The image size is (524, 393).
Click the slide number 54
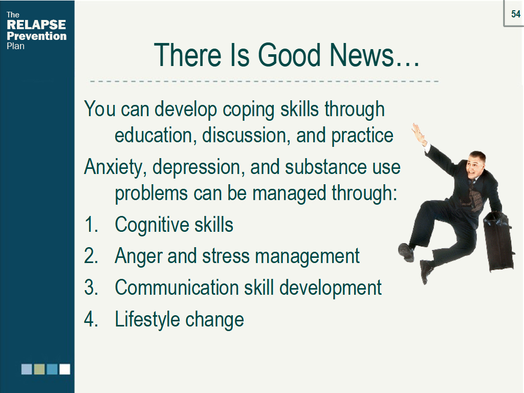tap(516, 14)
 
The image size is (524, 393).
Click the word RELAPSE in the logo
tap(36, 25)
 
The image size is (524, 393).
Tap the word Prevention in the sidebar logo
tap(36, 36)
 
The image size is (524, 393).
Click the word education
tap(154, 136)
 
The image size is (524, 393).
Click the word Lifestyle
tap(147, 320)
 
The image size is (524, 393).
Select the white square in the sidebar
tap(64, 369)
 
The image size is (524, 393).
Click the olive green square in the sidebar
tap(39, 369)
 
